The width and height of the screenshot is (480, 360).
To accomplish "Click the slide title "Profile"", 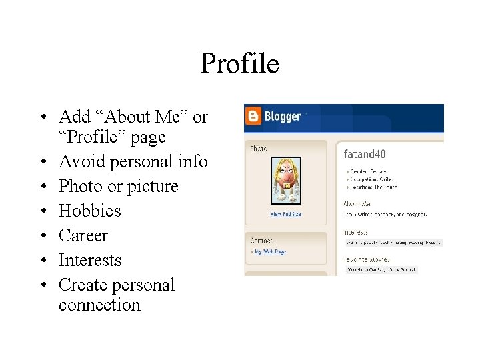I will coord(239,64).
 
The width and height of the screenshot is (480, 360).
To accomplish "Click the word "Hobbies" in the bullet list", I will coord(90,211).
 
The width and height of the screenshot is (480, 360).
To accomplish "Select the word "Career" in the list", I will coord(83,235).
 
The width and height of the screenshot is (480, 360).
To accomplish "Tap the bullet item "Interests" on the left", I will coord(90,260).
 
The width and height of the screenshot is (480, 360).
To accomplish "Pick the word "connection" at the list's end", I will coord(99,305).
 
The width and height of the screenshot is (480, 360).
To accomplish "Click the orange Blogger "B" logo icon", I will coord(253,117).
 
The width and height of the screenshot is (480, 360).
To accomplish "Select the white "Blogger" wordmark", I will coord(283,117).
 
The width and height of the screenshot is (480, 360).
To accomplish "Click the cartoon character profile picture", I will coord(285,181).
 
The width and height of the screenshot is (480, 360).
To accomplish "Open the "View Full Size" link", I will coord(285,214).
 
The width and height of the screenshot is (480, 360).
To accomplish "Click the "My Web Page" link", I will coord(271,251).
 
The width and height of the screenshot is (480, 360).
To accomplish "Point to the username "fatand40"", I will coord(365,154).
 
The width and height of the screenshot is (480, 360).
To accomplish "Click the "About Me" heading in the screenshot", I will coord(357,203).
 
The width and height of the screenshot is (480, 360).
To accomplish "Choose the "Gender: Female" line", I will coord(367,171).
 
